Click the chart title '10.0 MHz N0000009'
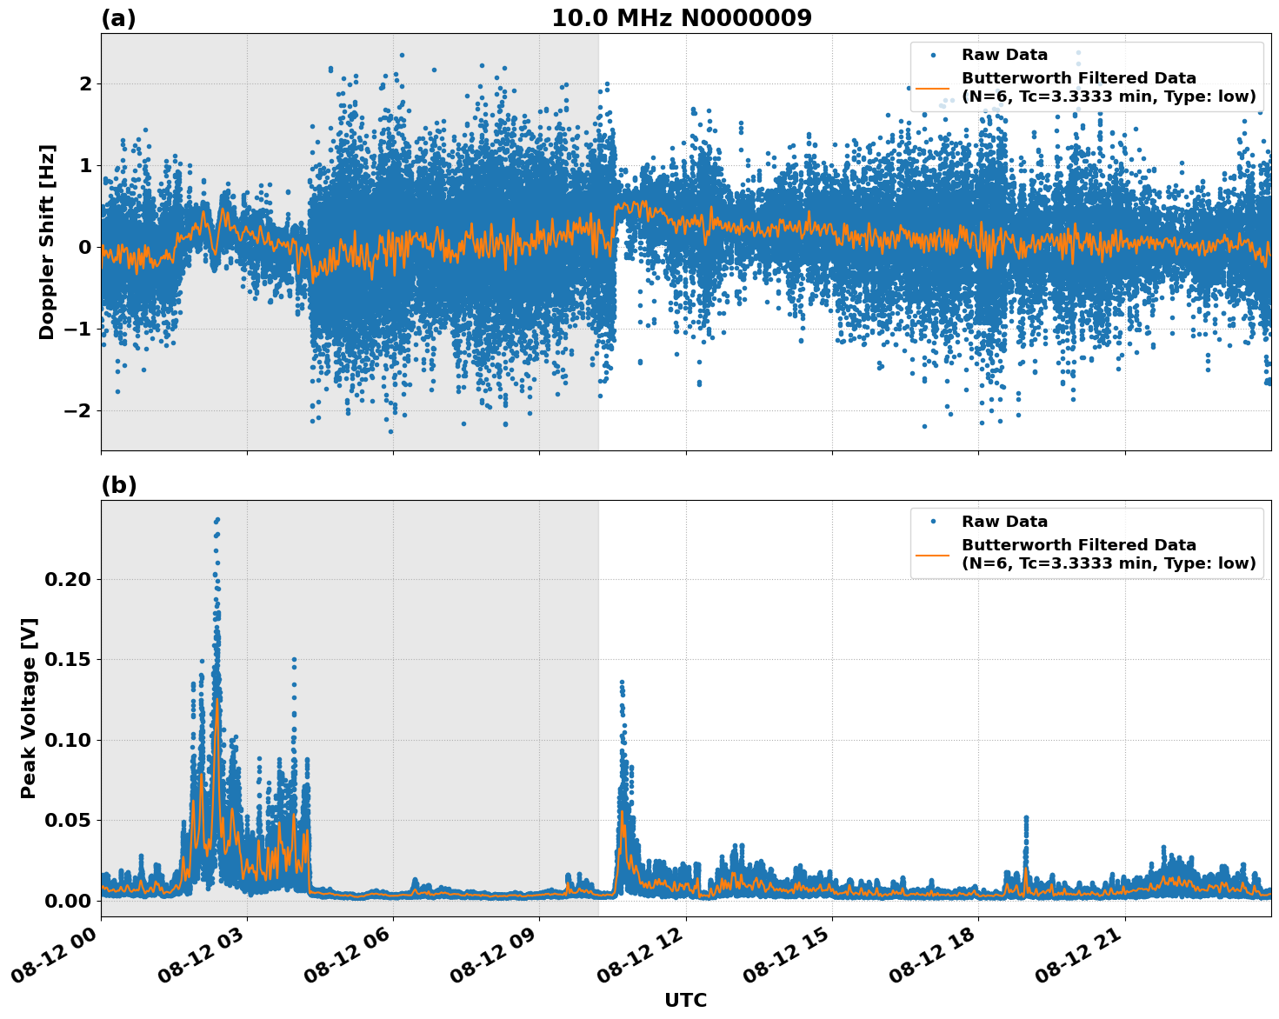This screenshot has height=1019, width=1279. pyautogui.click(x=681, y=18)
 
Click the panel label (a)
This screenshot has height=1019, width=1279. pyautogui.click(x=118, y=18)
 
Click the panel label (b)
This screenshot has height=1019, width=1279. pyautogui.click(x=118, y=485)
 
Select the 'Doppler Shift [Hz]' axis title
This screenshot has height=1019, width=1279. pyautogui.click(x=47, y=242)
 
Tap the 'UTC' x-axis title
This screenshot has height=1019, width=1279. pyautogui.click(x=685, y=1000)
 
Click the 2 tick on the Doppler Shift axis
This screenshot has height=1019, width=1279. pyautogui.click(x=85, y=83)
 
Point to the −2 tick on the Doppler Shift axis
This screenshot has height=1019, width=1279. pyautogui.click(x=78, y=410)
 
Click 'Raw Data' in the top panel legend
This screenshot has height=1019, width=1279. pyautogui.click(x=1004, y=55)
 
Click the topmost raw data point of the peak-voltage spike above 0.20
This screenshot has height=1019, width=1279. pyautogui.click(x=217, y=519)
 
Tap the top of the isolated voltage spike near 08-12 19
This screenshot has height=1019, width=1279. pyautogui.click(x=1026, y=818)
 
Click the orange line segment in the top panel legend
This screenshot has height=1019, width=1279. pyautogui.click(x=932, y=88)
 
